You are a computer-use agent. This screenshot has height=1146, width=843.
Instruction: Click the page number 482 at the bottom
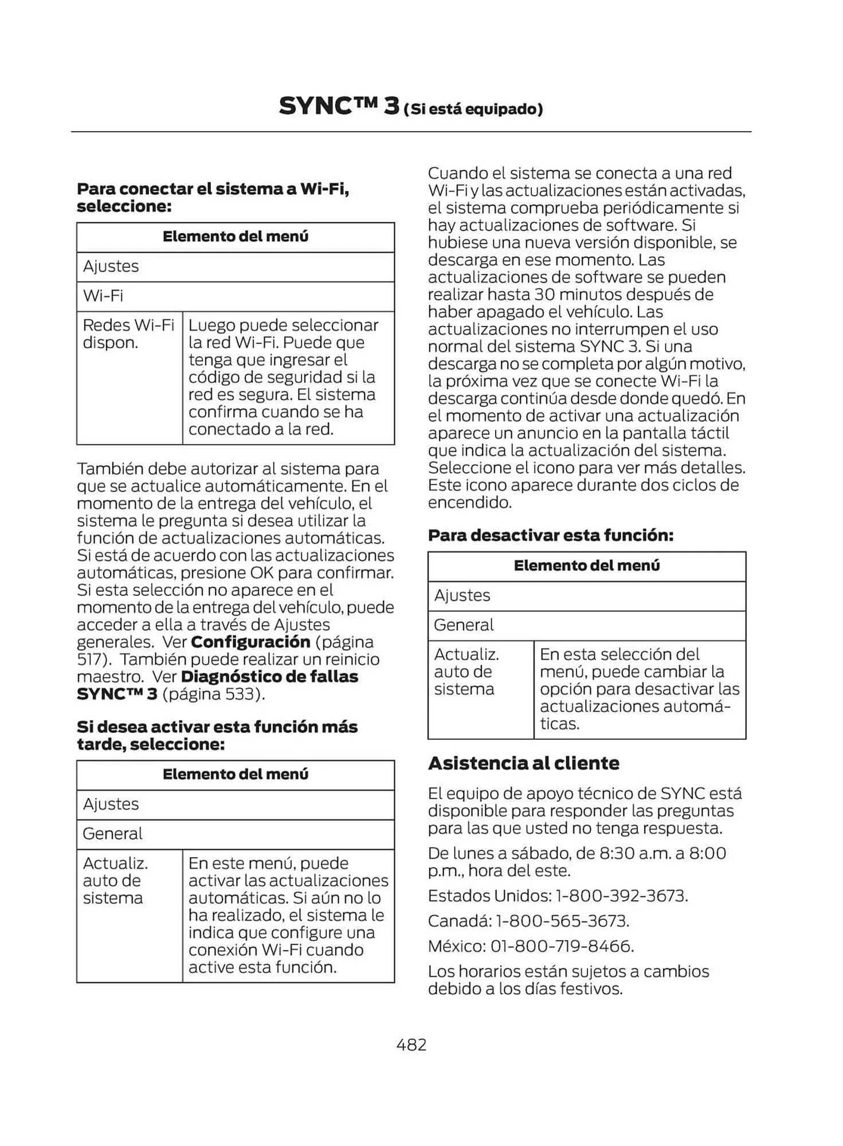click(411, 1045)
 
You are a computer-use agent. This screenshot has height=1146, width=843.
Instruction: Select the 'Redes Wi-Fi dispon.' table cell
click(128, 334)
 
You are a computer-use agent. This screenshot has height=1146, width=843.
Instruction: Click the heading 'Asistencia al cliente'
click(523, 763)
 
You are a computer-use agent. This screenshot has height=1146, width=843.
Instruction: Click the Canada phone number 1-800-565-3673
click(562, 921)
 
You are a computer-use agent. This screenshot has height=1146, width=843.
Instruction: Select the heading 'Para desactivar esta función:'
click(550, 535)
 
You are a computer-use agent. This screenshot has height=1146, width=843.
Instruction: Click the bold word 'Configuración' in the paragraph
click(250, 642)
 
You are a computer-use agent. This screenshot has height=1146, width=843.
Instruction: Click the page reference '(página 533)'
click(213, 694)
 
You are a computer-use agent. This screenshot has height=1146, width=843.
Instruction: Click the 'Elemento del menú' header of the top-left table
click(235, 237)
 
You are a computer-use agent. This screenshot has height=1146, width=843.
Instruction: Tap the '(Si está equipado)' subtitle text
click(473, 109)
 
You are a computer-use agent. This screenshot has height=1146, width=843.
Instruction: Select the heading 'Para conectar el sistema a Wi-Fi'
click(213, 189)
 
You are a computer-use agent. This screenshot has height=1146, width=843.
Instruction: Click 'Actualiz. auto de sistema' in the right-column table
click(466, 672)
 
